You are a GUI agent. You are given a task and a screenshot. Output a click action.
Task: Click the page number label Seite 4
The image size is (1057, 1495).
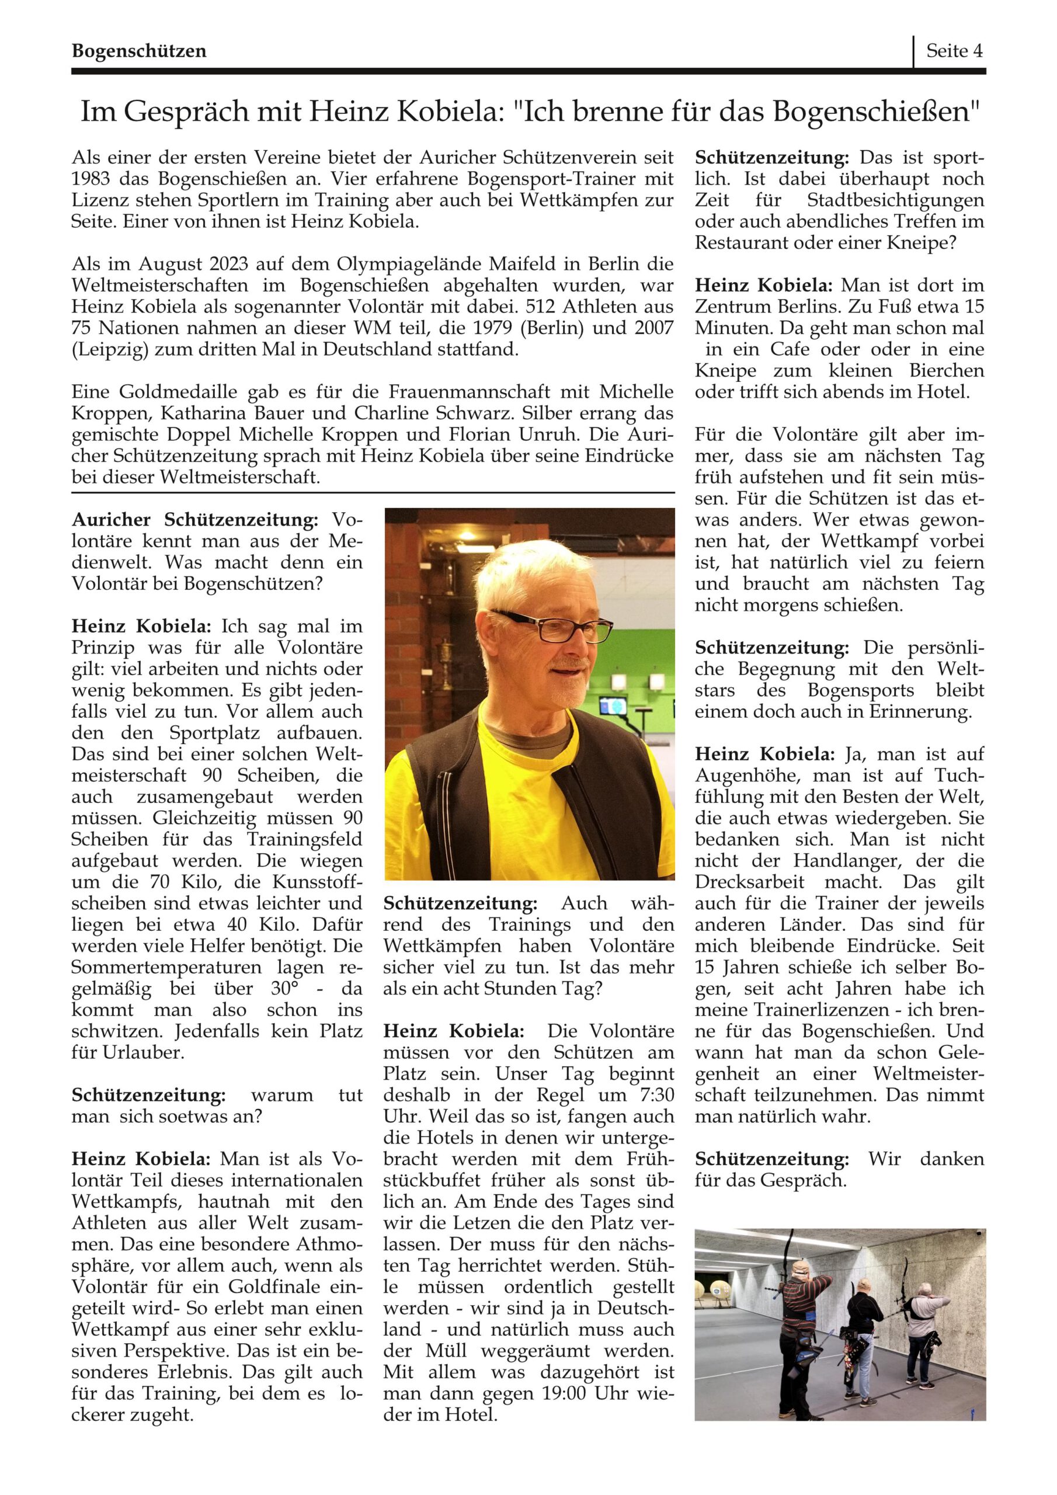point(954,51)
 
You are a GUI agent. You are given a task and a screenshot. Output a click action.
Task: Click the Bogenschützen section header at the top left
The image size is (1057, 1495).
point(139,51)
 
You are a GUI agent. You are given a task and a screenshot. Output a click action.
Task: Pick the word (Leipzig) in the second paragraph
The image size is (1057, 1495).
point(103,349)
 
